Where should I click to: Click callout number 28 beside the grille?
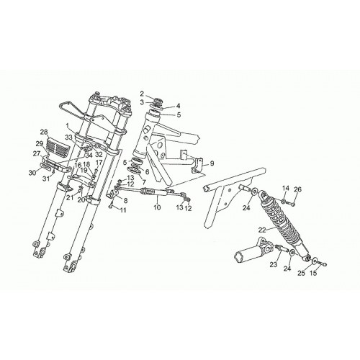[x=44, y=132]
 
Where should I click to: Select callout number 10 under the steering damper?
[x=157, y=207]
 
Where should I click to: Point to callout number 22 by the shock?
[x=262, y=230]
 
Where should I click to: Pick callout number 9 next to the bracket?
[x=212, y=163]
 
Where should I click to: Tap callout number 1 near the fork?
[x=68, y=125]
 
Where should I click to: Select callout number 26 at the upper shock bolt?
[x=297, y=189]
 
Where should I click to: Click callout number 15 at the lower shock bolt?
[x=314, y=273]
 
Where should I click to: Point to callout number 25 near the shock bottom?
[x=302, y=273]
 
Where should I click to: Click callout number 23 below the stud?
[x=274, y=265]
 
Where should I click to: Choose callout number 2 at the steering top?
[x=142, y=94]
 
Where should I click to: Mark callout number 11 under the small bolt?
[x=123, y=210]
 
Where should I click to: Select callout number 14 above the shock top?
[x=286, y=189]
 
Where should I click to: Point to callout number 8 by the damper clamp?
[x=125, y=201]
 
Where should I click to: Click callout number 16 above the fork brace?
[x=78, y=165]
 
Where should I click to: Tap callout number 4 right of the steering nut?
[x=178, y=106]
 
